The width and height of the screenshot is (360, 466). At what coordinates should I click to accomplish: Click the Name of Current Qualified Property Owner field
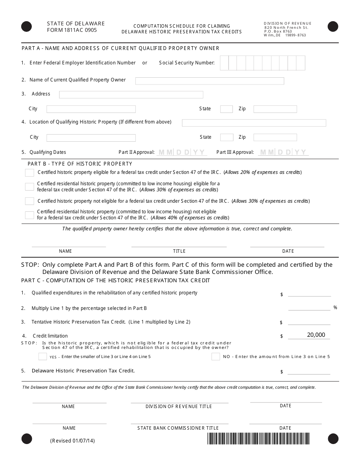pyautogui.click(x=210, y=81)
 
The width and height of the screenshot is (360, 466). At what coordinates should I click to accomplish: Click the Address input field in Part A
pyautogui.click(x=131, y=95)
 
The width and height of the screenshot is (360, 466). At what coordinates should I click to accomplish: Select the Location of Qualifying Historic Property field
pyautogui.click(x=254, y=123)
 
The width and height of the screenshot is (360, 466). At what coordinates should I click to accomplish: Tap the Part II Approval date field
pyautogui.click(x=182, y=152)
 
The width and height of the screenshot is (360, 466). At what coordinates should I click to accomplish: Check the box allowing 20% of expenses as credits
pyautogui.click(x=30, y=173)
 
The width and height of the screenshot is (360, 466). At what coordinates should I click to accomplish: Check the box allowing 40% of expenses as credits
pyautogui.click(x=30, y=215)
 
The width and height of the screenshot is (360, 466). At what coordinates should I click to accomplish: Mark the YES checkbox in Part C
pyautogui.click(x=43, y=357)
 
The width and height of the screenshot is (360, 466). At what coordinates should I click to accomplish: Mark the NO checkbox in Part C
pyautogui.click(x=216, y=357)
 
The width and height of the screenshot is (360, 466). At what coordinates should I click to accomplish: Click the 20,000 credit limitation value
pyautogui.click(x=316, y=335)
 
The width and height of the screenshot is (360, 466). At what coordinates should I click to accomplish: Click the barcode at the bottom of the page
pyautogui.click(x=258, y=438)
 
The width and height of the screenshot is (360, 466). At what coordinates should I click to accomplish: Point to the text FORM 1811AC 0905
pyautogui.click(x=72, y=30)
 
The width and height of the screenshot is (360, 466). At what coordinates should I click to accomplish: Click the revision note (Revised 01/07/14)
pyautogui.click(x=72, y=441)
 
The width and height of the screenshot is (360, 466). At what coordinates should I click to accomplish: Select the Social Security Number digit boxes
pyautogui.click(x=262, y=63)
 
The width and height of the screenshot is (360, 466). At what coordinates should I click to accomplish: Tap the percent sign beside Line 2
pyautogui.click(x=335, y=308)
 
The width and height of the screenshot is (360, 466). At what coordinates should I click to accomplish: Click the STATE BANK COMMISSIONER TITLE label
pyautogui.click(x=178, y=428)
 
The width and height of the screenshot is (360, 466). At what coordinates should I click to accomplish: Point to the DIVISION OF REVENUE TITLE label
pyautogui.click(x=178, y=407)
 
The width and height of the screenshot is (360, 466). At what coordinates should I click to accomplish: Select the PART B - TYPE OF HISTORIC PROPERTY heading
pyautogui.click(x=80, y=164)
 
